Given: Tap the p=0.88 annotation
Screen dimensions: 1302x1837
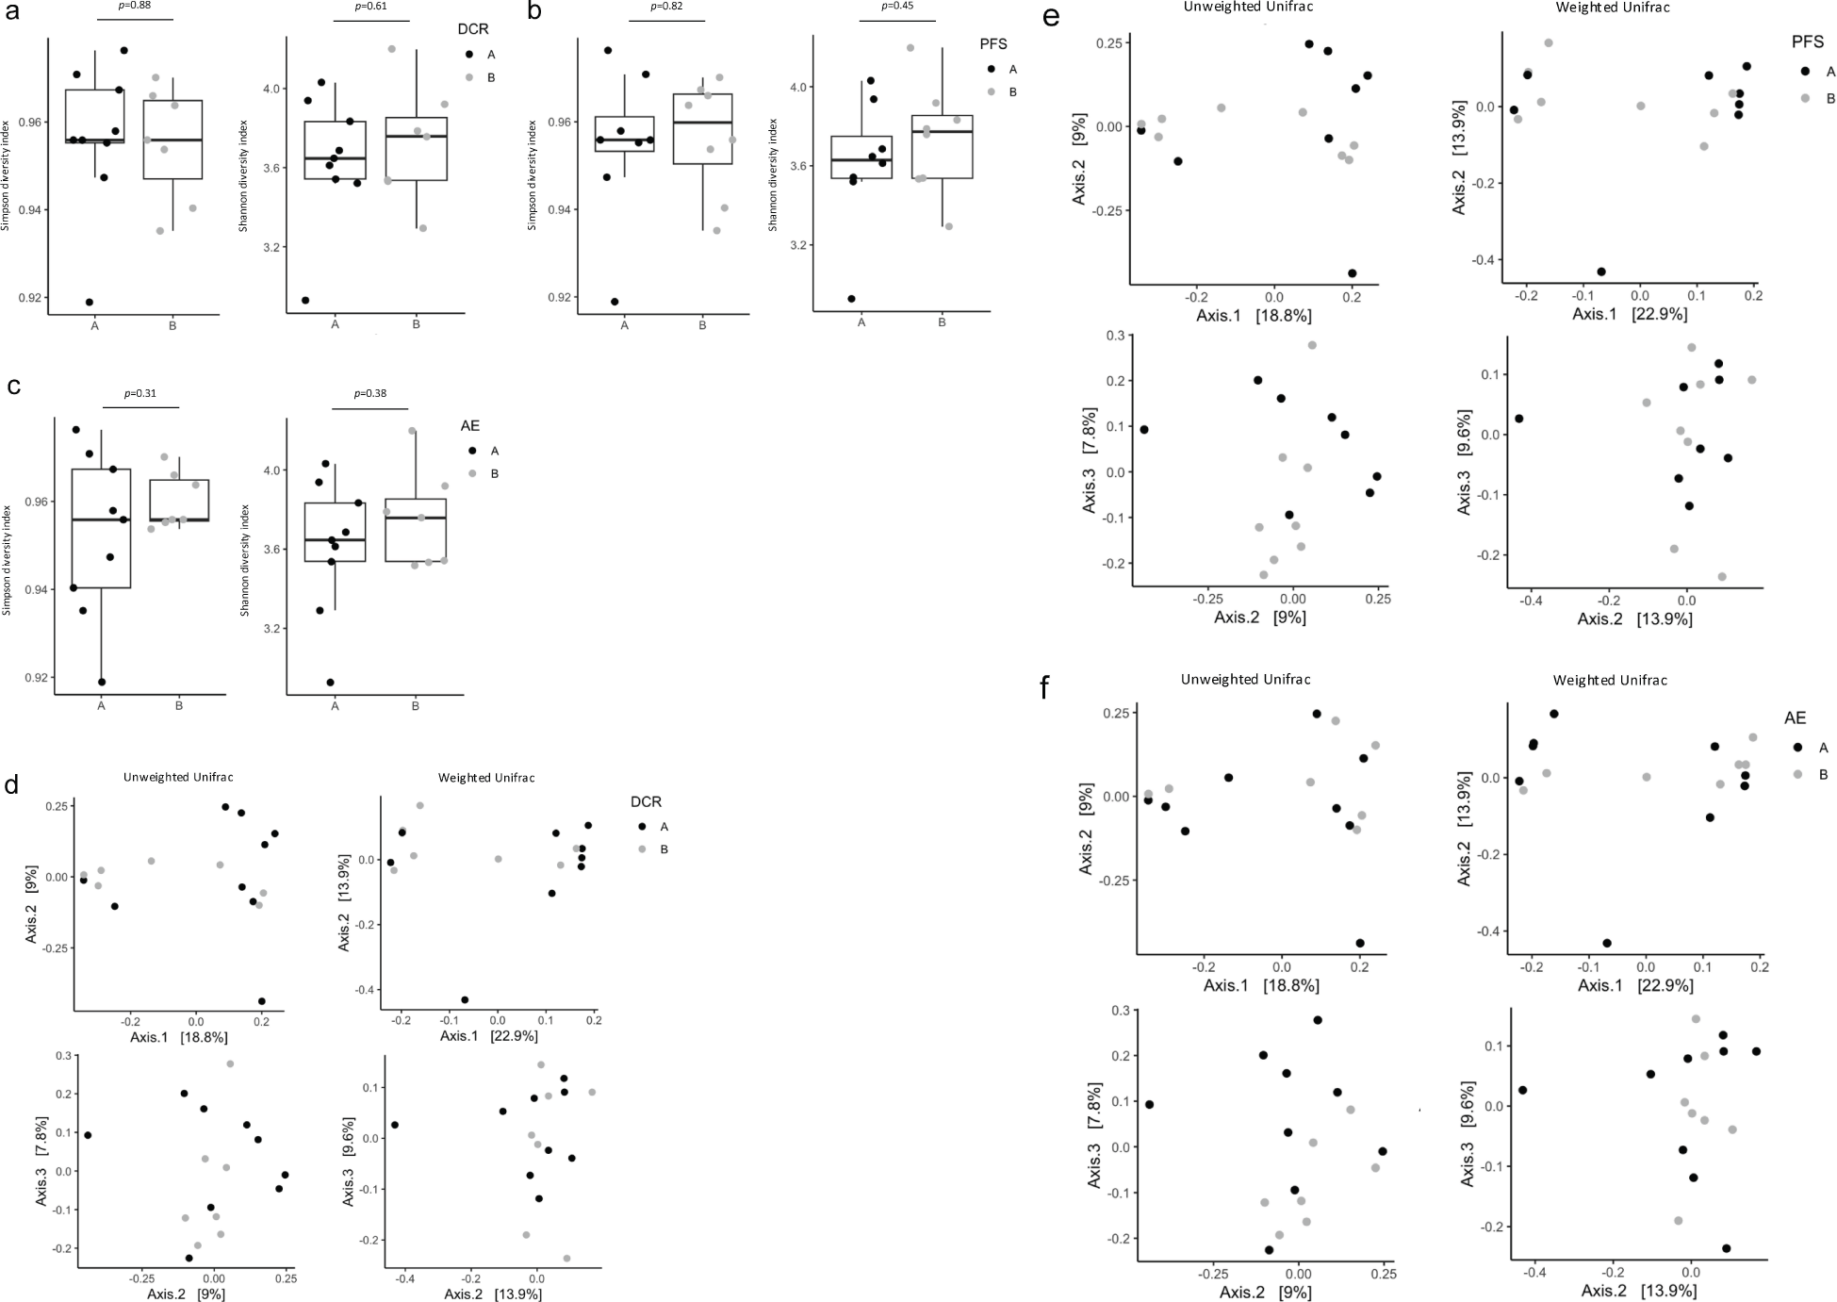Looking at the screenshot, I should (136, 6).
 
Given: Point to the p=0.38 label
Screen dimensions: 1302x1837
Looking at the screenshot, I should (370, 393).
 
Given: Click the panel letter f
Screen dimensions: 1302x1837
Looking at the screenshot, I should (1045, 689).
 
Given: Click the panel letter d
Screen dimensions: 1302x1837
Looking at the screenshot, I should (12, 784).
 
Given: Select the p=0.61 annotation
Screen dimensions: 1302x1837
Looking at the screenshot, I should (371, 6).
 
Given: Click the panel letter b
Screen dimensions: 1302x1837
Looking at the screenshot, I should (534, 12).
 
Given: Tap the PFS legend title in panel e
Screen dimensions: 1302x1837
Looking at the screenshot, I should (1807, 42).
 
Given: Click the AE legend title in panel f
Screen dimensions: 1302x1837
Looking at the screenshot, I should (1794, 718).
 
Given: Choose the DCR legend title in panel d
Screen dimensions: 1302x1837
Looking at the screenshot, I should (647, 802).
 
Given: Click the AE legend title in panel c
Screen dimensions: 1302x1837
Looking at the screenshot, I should (469, 426).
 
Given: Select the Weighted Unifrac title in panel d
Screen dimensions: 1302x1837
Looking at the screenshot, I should (486, 778).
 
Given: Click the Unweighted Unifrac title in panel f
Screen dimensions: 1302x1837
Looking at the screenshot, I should (1245, 679).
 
